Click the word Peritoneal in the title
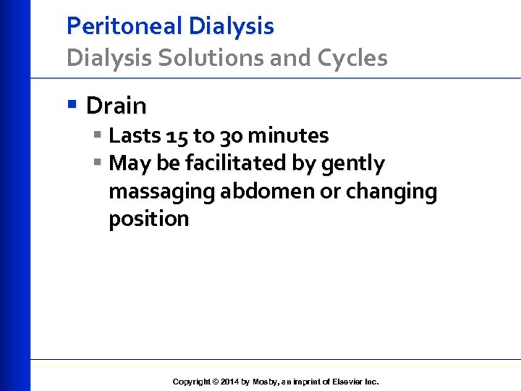(124, 26)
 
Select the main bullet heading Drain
(116, 106)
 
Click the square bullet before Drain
(71, 104)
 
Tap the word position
(148, 219)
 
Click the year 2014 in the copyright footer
(228, 382)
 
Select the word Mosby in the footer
(265, 382)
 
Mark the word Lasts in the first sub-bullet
(135, 135)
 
